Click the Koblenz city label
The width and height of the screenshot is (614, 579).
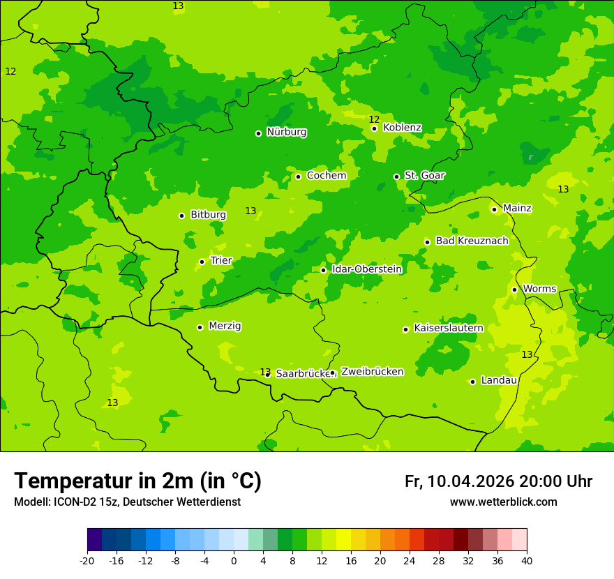(x=402, y=128)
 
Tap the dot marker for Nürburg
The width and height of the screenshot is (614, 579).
(x=258, y=133)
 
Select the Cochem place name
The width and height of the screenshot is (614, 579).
(x=326, y=176)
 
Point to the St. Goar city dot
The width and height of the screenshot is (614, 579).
(x=396, y=176)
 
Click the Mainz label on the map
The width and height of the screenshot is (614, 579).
(x=517, y=209)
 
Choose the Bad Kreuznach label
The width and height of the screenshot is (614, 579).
(x=472, y=241)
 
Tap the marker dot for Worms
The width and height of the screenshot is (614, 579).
(x=514, y=289)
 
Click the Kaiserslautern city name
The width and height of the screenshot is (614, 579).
(x=449, y=328)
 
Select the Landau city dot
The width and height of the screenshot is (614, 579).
(x=472, y=382)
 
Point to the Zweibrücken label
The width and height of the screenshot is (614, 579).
(x=372, y=372)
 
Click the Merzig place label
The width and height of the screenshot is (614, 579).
(x=225, y=326)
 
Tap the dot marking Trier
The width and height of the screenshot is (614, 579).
(x=202, y=262)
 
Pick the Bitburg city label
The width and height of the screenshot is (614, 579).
(x=208, y=215)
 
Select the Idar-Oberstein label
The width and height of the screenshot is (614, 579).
(x=366, y=269)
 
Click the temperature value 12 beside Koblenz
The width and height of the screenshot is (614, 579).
(x=374, y=119)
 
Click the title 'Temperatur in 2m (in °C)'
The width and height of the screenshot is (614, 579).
(x=137, y=481)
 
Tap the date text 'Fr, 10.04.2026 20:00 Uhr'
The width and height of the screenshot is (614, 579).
(x=498, y=481)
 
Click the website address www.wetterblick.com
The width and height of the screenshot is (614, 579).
(x=503, y=502)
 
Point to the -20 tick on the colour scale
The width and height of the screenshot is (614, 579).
(x=87, y=561)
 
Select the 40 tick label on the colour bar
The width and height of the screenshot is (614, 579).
(x=527, y=561)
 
